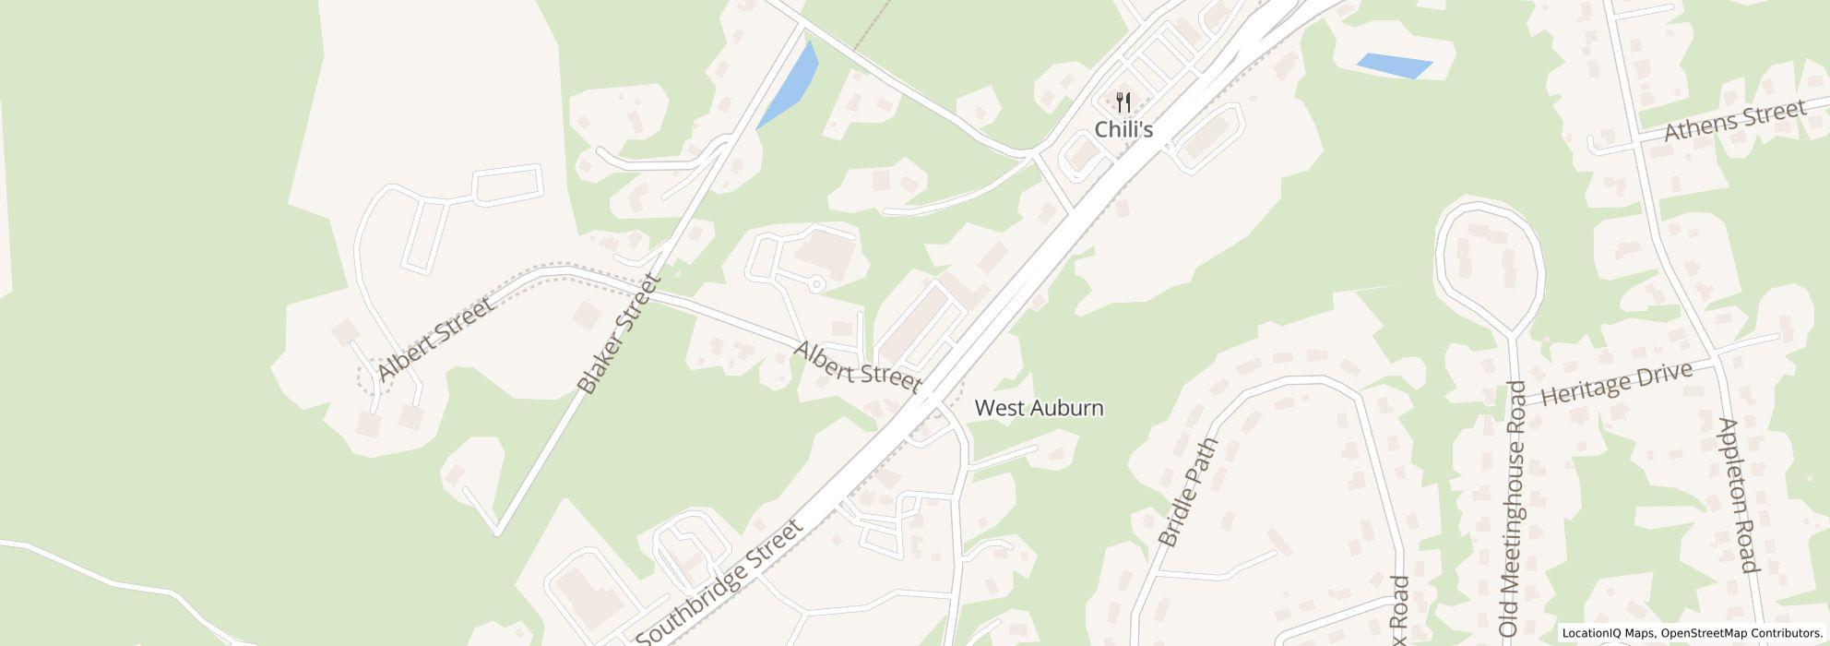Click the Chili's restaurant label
click(x=1123, y=129)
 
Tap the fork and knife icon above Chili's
click(x=1123, y=102)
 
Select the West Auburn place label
click(x=1039, y=407)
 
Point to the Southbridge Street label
click(x=719, y=583)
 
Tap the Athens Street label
click(x=1734, y=121)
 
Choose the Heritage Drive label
click(x=1617, y=383)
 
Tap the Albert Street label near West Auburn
click(x=857, y=366)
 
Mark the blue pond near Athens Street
click(x=1393, y=66)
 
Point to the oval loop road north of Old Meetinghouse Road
click(x=1488, y=256)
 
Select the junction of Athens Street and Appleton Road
click(x=1639, y=140)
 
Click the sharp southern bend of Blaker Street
click(x=497, y=532)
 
